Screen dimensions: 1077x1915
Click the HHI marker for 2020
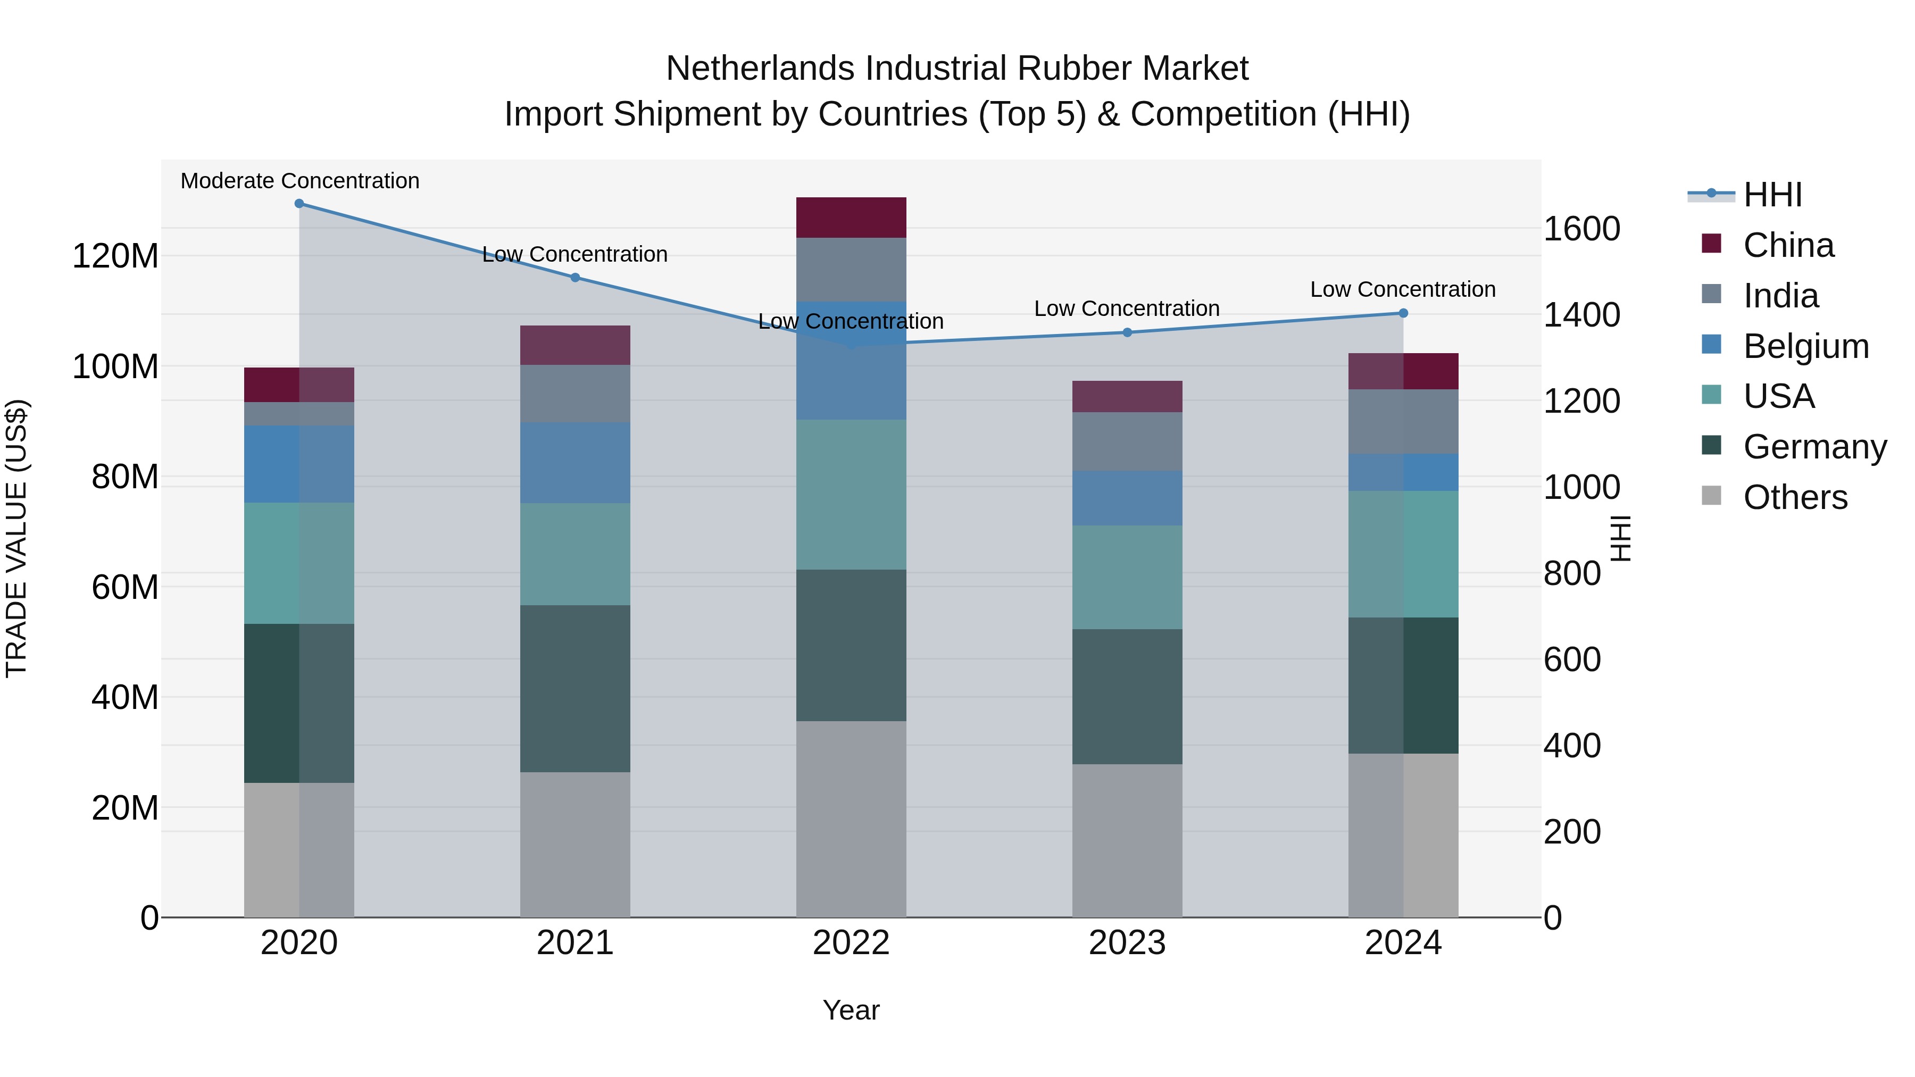pyautogui.click(x=299, y=204)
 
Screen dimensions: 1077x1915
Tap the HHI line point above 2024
pyautogui.click(x=1403, y=313)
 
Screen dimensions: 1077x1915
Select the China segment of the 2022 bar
pyautogui.click(x=851, y=218)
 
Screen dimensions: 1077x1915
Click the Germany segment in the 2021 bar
pyautogui.click(x=574, y=688)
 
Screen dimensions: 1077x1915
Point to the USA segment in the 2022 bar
pyautogui.click(x=851, y=494)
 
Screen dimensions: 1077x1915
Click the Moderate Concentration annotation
pyautogui.click(x=299, y=181)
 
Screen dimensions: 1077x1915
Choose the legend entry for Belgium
pyautogui.click(x=1805, y=346)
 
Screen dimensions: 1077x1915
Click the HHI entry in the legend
pyautogui.click(x=1772, y=195)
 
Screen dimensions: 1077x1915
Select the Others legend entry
pyautogui.click(x=1795, y=497)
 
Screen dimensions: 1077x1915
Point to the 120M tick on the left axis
pyautogui.click(x=115, y=256)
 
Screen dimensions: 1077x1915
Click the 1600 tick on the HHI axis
pyautogui.click(x=1581, y=229)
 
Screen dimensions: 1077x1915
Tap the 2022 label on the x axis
pyautogui.click(x=851, y=943)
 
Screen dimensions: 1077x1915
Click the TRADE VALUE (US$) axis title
pyautogui.click(x=16, y=538)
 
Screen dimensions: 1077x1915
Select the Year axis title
pyautogui.click(x=851, y=1010)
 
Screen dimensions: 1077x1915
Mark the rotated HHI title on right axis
pyautogui.click(x=1621, y=538)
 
